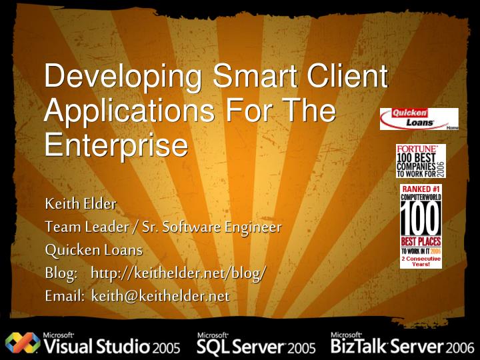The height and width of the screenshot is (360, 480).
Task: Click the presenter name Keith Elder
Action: [x=81, y=203]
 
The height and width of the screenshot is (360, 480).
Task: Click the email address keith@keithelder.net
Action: [x=160, y=295]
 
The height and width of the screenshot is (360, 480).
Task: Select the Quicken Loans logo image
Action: [x=419, y=119]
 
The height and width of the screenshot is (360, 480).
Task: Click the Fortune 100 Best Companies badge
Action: [x=420, y=161]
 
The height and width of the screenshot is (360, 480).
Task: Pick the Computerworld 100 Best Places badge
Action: [x=421, y=227]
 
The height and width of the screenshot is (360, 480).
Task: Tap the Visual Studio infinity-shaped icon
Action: [x=21, y=342]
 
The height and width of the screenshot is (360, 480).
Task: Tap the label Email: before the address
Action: [x=63, y=295]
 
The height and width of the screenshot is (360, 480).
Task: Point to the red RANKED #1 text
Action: [x=421, y=189]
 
